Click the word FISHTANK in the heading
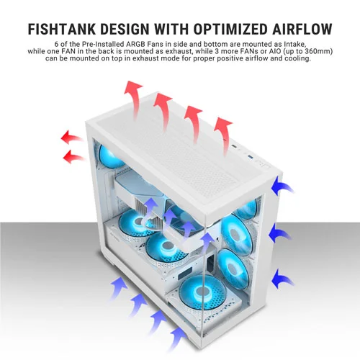pos(62,30)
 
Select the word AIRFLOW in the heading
pos(302,30)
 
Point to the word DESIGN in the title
pos(125,30)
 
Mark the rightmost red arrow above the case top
pos(223,135)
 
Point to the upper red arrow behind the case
pos(71,138)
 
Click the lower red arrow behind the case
pos(73,156)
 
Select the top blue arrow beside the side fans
pos(282,186)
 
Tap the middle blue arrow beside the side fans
pos(280,233)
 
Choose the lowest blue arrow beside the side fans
pos(283,279)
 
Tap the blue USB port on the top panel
pos(251,157)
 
